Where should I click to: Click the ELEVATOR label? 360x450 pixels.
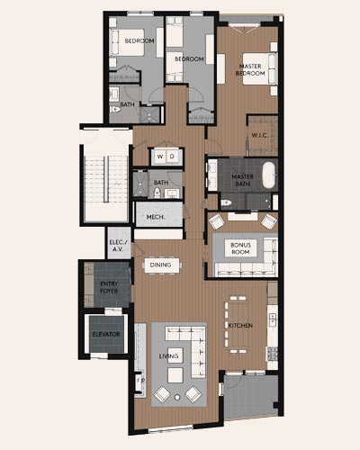click(106, 334)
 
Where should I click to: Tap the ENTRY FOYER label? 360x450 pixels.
click(109, 287)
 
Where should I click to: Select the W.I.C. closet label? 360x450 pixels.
click(259, 135)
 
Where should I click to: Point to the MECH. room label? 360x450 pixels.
click(156, 217)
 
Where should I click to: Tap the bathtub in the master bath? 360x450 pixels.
click(269, 175)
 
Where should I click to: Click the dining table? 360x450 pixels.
click(162, 265)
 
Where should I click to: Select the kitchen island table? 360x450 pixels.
click(238, 325)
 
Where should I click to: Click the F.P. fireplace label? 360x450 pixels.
click(140, 381)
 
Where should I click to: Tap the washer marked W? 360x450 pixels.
click(160, 157)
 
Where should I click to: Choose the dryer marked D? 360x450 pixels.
click(172, 157)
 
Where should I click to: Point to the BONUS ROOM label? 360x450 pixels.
click(240, 248)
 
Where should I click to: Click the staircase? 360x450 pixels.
click(106, 178)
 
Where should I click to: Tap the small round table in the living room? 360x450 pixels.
click(177, 398)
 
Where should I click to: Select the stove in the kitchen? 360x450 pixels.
click(273, 354)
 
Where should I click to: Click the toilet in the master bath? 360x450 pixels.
click(226, 202)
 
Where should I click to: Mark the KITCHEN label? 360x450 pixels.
click(240, 326)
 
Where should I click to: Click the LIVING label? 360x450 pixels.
click(168, 356)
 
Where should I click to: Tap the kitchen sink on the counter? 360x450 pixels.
click(273, 319)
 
